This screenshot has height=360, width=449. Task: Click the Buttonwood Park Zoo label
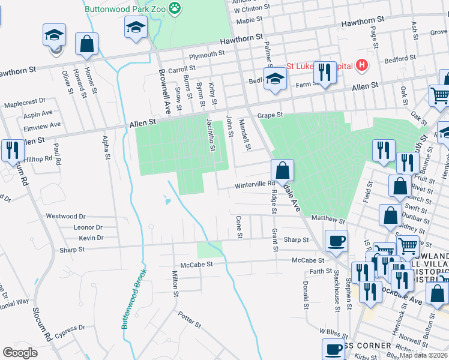[124, 8]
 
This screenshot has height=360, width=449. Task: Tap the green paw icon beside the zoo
[175, 8]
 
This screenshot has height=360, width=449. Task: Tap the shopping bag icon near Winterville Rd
[283, 170]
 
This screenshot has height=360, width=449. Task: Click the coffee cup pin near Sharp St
[336, 241]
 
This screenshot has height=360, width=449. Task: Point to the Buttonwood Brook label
[134, 298]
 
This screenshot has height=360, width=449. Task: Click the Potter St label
[190, 319]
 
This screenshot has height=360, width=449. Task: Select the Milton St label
[175, 284]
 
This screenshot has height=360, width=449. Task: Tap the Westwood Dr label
[66, 216]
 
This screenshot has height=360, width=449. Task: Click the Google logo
[20, 353]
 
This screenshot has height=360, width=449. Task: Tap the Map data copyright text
[424, 355]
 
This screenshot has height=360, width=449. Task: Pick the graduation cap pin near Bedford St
[275, 79]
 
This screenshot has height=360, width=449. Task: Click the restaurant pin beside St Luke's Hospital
[325, 73]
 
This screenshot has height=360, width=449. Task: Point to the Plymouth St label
[206, 54]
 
